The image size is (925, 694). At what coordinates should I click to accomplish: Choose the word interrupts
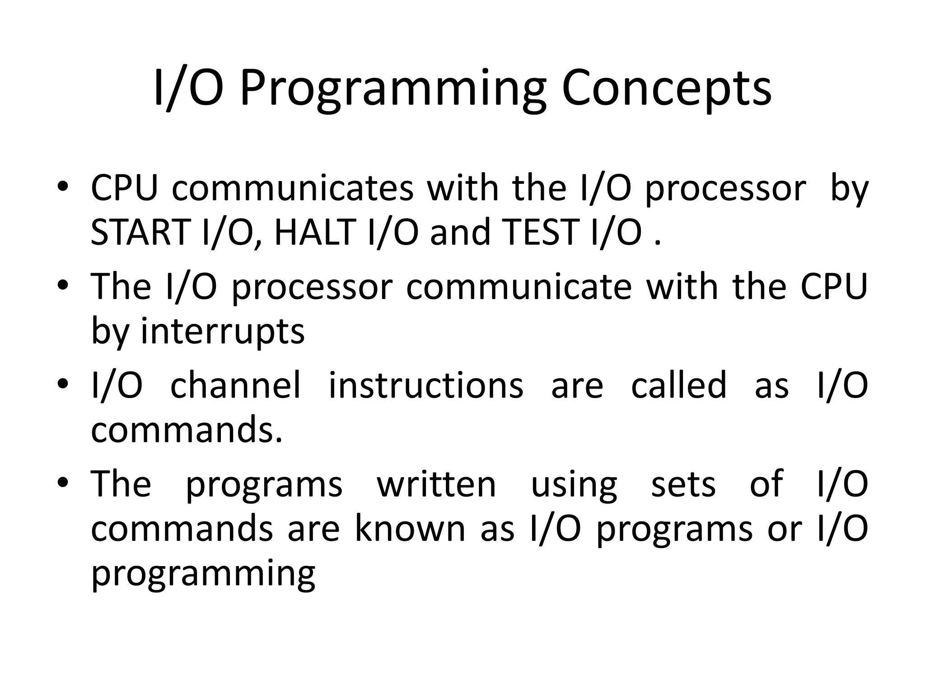point(223,332)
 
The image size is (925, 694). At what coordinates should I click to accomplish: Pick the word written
point(437,484)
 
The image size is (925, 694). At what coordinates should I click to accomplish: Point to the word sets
point(683,484)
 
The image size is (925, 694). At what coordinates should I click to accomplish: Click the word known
point(410,529)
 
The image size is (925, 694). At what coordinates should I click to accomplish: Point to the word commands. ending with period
point(187,430)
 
